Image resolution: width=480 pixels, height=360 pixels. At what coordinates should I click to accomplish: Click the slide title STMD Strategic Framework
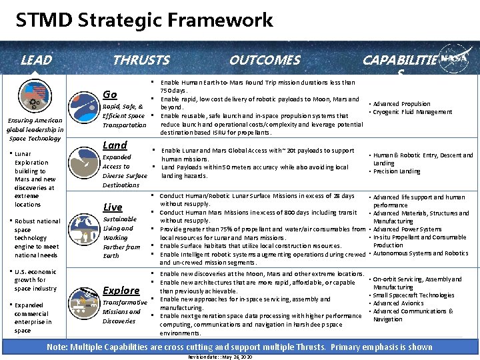[x=145, y=20]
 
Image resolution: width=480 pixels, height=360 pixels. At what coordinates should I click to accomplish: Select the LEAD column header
[x=36, y=61]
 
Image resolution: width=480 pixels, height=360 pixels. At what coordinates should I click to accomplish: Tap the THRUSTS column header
[x=141, y=61]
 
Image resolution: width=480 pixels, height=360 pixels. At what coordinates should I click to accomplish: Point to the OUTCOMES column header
[x=264, y=61]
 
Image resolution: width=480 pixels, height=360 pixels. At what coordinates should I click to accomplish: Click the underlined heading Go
[x=110, y=94]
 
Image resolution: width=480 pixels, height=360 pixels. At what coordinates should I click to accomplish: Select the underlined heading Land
[x=115, y=145]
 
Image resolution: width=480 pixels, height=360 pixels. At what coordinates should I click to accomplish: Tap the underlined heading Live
[x=113, y=207]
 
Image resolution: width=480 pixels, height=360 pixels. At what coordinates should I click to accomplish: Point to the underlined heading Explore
[x=121, y=290]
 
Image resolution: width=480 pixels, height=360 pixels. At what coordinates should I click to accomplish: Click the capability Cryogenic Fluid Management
[x=412, y=112]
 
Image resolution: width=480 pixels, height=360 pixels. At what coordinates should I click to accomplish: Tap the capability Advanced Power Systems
[x=407, y=229]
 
